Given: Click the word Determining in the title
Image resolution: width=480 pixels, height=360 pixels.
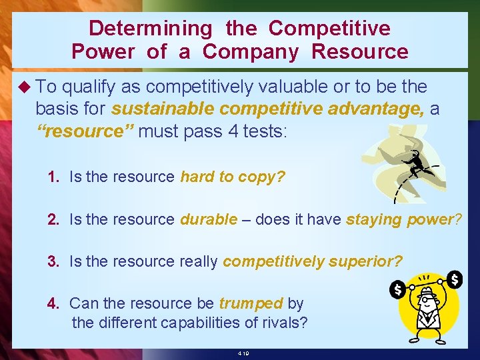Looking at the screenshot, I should pos(150,29).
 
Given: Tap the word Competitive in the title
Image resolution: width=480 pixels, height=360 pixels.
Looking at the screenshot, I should pos(329,29).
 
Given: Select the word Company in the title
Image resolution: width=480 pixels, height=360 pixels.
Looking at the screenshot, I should pos(253,51).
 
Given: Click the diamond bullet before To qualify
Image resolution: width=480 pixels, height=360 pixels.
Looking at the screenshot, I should pos(25,87).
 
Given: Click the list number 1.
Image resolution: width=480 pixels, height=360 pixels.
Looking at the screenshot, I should pos(53,177).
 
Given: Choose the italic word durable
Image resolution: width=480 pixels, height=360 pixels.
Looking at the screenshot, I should pos(209,219).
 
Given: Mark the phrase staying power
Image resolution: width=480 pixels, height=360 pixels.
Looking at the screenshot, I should pos(399,219).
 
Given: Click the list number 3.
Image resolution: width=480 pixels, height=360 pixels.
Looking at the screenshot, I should pos(53,261).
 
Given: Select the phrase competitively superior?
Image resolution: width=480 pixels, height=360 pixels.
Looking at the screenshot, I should pos(312,261).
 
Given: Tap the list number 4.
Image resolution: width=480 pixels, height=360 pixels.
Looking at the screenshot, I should pos(53,303).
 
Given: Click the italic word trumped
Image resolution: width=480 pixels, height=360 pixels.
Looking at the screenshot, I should pos(251,303).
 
